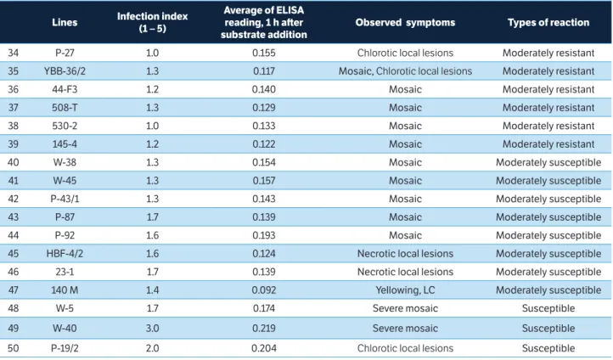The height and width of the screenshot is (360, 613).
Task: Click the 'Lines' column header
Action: point(65,22)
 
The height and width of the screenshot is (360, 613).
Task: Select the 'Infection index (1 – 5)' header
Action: point(153,22)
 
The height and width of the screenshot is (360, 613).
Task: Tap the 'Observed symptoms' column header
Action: point(405,22)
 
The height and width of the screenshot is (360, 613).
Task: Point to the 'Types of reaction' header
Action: point(548,22)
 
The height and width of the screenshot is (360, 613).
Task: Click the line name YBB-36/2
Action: point(65,71)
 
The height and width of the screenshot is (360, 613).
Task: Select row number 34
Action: point(14,53)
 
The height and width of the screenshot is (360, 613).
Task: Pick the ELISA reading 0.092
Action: point(264,290)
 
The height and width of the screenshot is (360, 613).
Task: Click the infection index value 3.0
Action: point(153,328)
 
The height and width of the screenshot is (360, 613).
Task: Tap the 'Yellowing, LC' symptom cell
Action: point(405,290)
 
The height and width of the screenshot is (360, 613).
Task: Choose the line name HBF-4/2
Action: point(65,253)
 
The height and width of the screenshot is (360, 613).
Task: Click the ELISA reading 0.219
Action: point(264,328)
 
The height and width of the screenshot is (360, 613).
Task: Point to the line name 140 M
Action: point(65,290)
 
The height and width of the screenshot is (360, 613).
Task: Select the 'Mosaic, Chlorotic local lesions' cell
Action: point(405,71)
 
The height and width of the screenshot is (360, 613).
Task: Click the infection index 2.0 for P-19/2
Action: point(153,348)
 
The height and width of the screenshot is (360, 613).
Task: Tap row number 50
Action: point(14,348)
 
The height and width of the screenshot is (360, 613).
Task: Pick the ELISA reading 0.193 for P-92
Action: point(264,235)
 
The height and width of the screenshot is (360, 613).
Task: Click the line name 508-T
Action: point(65,108)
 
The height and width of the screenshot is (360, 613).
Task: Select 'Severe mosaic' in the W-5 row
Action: point(405,308)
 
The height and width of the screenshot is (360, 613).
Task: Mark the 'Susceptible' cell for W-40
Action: point(548,328)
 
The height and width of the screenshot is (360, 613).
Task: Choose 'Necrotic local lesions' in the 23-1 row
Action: point(405,272)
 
